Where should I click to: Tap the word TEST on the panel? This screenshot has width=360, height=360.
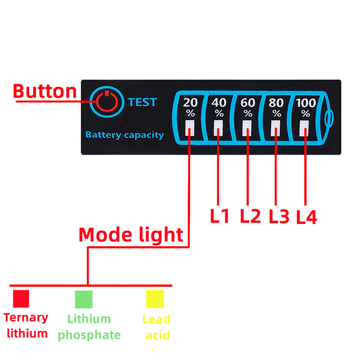point(142,102)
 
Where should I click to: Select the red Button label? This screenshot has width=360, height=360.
point(45,91)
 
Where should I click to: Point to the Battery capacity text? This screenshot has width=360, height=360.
point(125,135)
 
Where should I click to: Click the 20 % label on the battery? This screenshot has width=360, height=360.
point(190,107)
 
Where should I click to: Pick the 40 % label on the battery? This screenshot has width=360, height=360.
point(219,107)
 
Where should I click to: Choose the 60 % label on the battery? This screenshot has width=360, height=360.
point(248,107)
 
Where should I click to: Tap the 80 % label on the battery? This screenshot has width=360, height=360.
point(276,107)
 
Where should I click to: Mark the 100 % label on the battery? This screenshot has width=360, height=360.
point(306,107)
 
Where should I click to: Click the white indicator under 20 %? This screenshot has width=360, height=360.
point(190,128)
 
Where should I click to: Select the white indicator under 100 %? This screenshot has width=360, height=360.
point(306,128)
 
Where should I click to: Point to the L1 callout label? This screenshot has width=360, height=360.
point(220,216)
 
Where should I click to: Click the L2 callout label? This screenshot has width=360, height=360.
point(250,216)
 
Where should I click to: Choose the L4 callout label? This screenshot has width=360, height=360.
point(307,217)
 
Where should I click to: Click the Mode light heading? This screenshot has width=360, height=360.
point(131,234)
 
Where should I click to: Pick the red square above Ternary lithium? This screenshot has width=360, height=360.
point(21,299)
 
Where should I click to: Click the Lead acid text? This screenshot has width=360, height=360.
point(156,327)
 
